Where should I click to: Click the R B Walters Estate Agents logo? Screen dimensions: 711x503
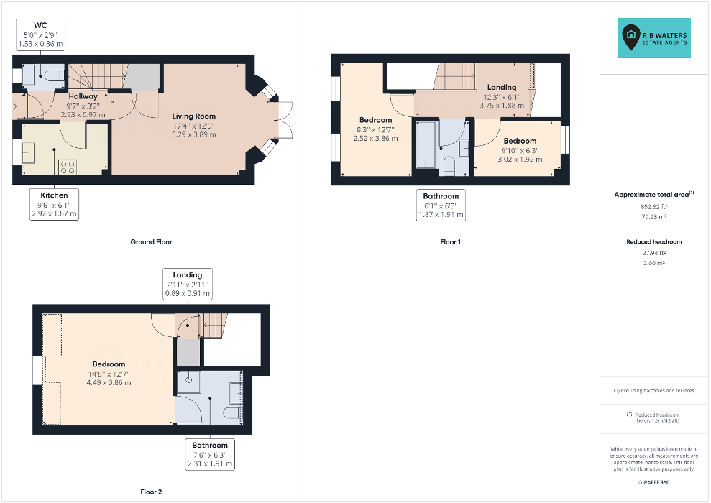[x=654, y=38]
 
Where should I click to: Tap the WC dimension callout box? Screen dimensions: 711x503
[x=40, y=34]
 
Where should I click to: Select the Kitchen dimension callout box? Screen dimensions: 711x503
[x=55, y=204]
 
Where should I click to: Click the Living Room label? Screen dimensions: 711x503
[x=193, y=116]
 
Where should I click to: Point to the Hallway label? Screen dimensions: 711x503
[x=83, y=96]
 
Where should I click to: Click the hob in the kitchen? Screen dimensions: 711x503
[x=67, y=167]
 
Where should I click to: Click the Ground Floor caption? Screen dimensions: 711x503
[x=151, y=242]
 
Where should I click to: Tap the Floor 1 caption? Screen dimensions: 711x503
[x=450, y=242]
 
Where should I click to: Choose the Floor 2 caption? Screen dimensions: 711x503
[x=151, y=492]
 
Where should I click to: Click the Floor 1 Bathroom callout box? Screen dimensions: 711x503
[x=441, y=206]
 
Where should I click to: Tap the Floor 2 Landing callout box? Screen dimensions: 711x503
[x=187, y=284]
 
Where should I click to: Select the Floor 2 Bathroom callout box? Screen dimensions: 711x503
[x=210, y=455]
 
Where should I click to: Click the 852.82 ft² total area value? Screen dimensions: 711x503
[x=654, y=207]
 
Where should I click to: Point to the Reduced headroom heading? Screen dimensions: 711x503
[x=654, y=242]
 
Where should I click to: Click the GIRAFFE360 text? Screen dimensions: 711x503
[x=654, y=483]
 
